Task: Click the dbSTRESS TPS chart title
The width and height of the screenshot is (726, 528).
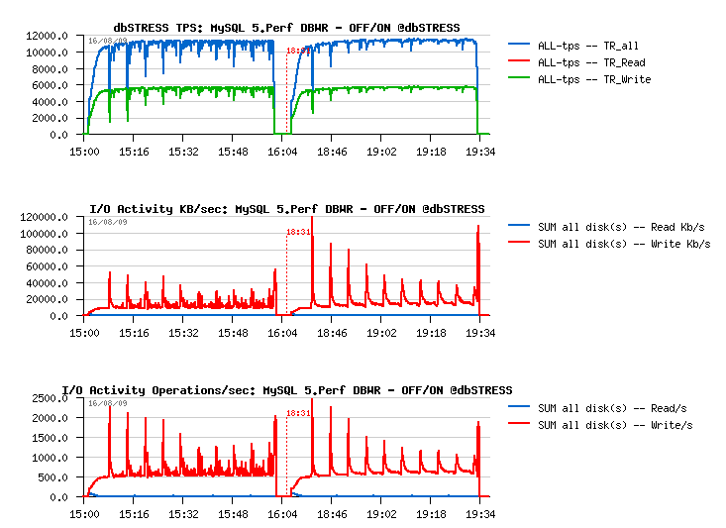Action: coord(287,27)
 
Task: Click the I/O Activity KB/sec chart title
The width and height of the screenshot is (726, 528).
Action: coord(287,209)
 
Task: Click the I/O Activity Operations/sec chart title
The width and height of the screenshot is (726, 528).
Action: coord(287,390)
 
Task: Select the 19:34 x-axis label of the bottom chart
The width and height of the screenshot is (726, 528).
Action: coord(479,515)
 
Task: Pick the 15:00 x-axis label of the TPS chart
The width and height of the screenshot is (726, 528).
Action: coord(84,152)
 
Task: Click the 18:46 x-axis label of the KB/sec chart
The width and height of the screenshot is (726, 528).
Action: coord(332,334)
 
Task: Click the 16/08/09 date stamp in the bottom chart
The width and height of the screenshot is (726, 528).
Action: coord(107,403)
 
